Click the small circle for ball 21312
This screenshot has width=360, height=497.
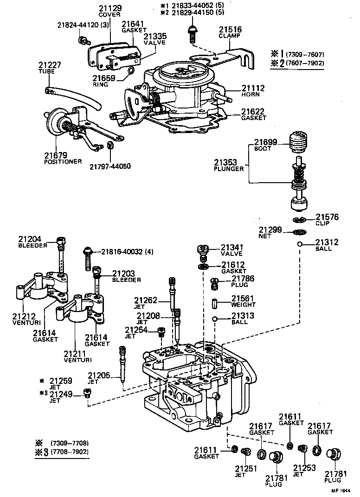pyautogui.click(x=300, y=244)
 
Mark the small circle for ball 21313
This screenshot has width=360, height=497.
pyautogui.click(x=214, y=319)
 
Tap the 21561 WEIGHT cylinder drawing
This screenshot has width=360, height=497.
pyautogui.click(x=215, y=304)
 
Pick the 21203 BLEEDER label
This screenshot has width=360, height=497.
pyautogui.click(x=127, y=277)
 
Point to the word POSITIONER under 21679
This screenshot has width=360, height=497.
pyautogui.click(x=63, y=161)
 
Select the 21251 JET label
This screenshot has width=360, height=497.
pyautogui.click(x=246, y=471)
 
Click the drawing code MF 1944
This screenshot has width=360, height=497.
pyautogui.click(x=340, y=490)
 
